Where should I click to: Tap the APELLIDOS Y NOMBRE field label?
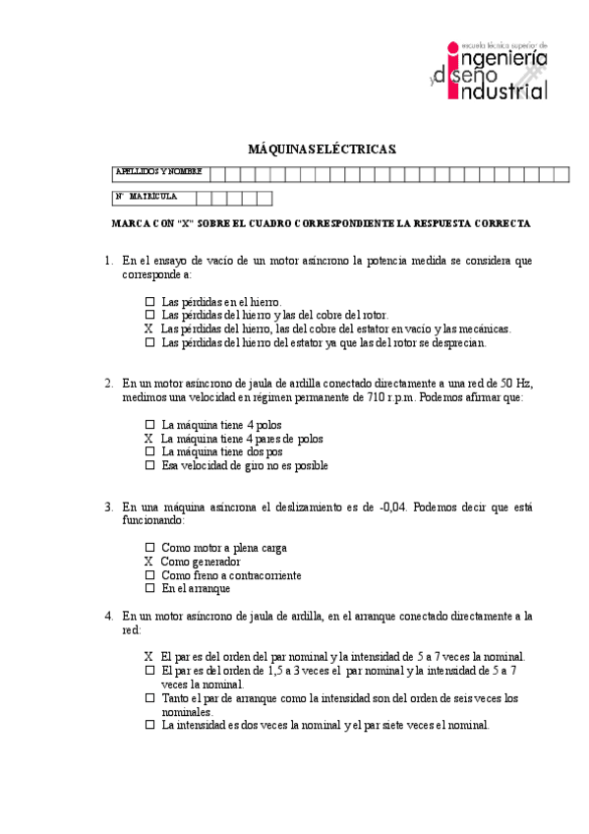(158, 172)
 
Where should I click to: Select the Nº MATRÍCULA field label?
(147, 197)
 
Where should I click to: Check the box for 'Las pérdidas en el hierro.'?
(149, 302)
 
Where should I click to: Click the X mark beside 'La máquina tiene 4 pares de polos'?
(148, 439)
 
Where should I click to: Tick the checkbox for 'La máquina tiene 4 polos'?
(149, 425)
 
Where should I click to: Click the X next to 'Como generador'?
(148, 562)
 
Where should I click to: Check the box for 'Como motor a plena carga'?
(149, 548)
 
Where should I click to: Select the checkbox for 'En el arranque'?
(149, 589)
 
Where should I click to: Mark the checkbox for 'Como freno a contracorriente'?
(149, 575)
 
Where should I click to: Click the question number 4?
(109, 617)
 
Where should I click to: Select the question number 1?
(109, 262)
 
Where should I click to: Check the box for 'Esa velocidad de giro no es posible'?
(149, 466)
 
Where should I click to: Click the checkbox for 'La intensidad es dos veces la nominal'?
(149, 726)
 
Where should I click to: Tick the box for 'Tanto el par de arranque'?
(149, 698)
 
